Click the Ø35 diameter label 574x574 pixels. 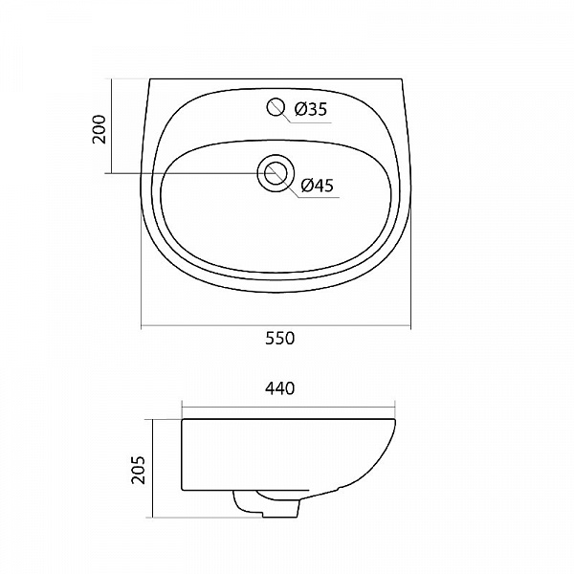310,109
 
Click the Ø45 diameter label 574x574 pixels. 317,186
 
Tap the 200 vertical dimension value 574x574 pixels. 99,129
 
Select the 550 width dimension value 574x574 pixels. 279,339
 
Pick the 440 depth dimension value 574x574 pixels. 279,388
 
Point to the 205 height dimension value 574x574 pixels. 139,470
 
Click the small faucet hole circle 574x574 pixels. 276,107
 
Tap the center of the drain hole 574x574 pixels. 276,173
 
